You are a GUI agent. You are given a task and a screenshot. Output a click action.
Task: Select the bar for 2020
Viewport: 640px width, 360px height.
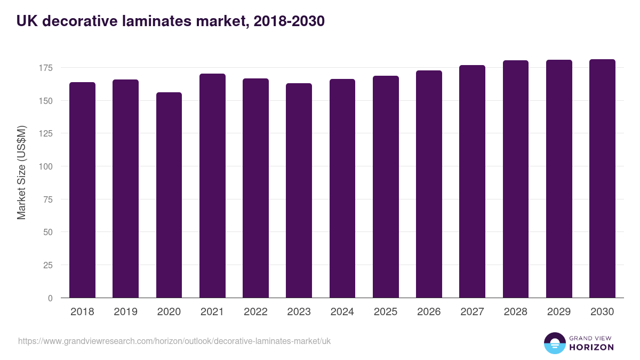click(x=169, y=195)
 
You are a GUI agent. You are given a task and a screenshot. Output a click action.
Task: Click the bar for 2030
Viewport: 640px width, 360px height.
click(x=602, y=179)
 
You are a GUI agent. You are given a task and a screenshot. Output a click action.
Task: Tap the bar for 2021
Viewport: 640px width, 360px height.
click(x=212, y=186)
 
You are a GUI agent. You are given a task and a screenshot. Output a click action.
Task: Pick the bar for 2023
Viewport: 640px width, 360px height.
click(x=299, y=190)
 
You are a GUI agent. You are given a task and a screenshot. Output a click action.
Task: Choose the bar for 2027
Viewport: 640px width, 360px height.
click(x=472, y=181)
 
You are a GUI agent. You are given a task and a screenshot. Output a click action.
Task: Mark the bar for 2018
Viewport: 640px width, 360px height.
click(x=83, y=190)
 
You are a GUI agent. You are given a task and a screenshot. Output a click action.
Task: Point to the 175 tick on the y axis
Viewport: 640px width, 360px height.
click(x=46, y=68)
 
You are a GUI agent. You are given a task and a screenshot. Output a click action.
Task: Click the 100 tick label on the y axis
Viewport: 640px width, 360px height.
click(x=46, y=166)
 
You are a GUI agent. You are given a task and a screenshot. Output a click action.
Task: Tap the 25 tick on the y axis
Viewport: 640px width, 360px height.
click(x=49, y=265)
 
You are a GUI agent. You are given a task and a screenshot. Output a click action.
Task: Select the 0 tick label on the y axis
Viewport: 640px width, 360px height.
click(x=51, y=298)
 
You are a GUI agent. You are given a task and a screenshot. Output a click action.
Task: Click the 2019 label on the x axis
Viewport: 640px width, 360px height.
click(x=126, y=312)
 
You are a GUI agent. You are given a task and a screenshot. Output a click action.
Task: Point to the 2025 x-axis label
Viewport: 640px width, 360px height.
click(x=386, y=312)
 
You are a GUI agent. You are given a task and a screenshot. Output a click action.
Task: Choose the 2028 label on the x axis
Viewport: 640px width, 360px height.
click(x=516, y=312)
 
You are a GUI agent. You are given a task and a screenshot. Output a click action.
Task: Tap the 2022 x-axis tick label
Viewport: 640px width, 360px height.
click(x=255, y=312)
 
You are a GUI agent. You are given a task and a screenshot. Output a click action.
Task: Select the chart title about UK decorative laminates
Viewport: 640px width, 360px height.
click(x=171, y=21)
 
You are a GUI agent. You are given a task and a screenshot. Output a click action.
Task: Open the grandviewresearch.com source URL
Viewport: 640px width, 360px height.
click(x=174, y=341)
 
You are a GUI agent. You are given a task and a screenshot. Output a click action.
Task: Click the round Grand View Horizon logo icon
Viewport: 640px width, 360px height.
click(x=555, y=343)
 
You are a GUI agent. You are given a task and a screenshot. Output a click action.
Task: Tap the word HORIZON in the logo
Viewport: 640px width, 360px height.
click(x=591, y=347)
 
